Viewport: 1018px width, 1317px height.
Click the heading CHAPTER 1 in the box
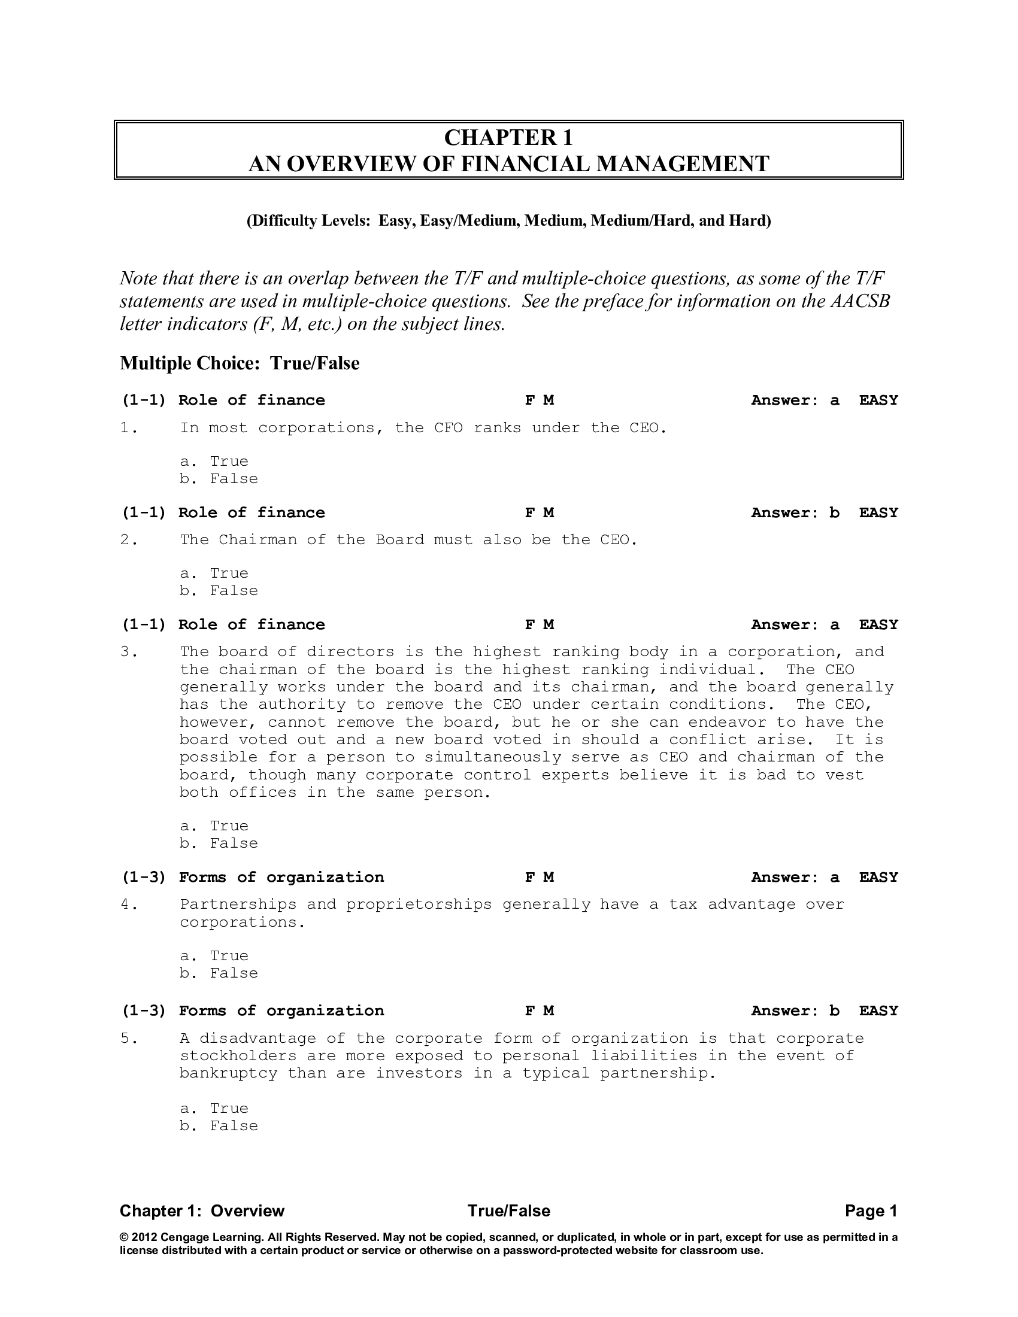(508, 138)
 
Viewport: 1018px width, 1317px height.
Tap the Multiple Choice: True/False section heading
(240, 363)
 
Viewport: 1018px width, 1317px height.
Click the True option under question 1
(229, 462)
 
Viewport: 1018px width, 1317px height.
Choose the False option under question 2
(234, 591)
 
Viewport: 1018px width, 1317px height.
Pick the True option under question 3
(229, 826)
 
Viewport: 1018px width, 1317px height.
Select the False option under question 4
(234, 973)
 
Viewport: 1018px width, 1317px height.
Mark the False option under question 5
(234, 1126)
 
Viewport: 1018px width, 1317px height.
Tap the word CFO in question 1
(448, 428)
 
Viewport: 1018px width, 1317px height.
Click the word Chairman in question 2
(257, 540)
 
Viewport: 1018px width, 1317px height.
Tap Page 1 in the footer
(871, 1211)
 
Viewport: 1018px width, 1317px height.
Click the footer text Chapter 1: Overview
(202, 1211)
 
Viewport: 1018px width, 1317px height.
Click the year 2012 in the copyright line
(144, 1237)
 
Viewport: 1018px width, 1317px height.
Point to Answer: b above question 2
(795, 513)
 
